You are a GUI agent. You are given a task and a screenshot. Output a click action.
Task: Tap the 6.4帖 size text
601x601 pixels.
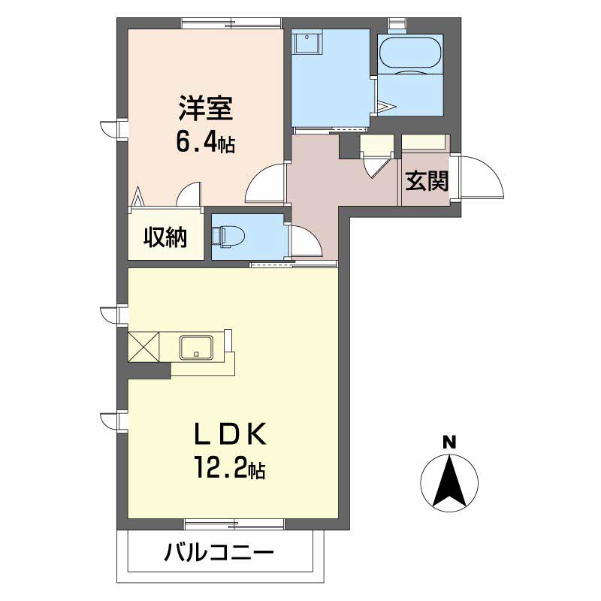[205, 141]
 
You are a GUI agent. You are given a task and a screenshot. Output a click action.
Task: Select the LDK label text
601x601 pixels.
[230, 434]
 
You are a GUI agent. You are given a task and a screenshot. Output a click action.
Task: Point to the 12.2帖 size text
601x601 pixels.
[230, 467]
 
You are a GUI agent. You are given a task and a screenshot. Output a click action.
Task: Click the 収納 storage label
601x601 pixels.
[165, 237]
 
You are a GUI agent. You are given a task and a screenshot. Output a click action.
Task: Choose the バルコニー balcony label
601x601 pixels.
[219, 553]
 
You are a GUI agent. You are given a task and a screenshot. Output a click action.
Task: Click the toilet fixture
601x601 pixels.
[229, 235]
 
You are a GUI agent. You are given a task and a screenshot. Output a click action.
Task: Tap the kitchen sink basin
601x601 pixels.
[196, 348]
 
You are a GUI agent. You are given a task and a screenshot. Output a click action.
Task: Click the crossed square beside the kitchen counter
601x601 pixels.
[143, 347]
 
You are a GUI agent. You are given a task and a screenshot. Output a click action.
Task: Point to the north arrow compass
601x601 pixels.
[449, 482]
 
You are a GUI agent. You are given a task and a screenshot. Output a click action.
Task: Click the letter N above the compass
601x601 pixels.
[449, 442]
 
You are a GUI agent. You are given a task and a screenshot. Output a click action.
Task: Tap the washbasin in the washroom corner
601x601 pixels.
[307, 42]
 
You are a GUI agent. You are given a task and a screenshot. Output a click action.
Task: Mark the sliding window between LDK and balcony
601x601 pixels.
[234, 524]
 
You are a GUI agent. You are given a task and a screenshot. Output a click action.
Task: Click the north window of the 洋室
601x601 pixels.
[232, 23]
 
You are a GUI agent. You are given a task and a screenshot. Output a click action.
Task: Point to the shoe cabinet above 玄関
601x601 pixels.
[425, 142]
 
